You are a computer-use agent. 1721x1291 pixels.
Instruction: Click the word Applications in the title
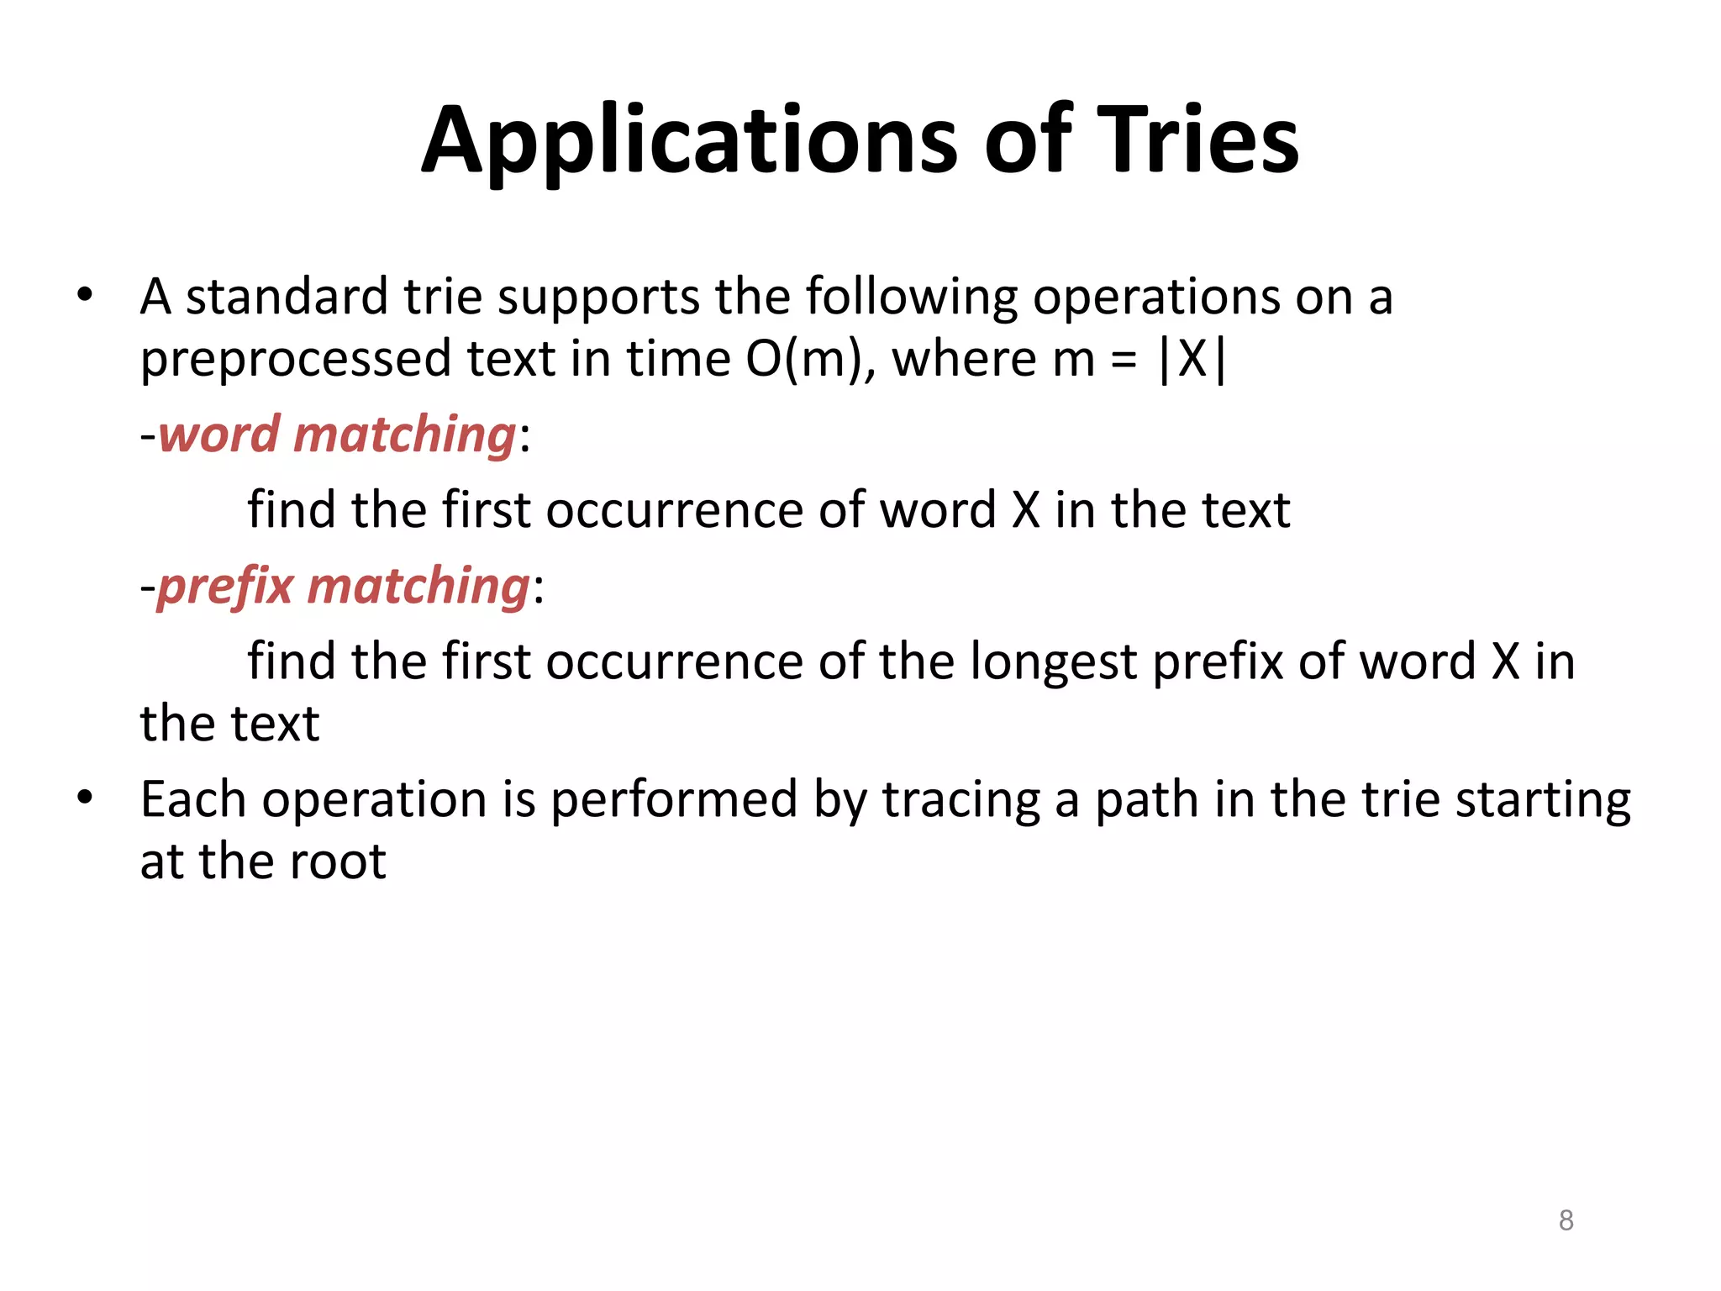coord(688,141)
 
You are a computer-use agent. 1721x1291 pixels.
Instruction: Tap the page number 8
coord(1566,1220)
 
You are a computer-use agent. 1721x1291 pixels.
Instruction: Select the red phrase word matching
coord(337,435)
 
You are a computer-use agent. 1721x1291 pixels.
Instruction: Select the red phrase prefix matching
coord(344,586)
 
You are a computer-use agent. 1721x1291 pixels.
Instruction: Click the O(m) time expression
coord(805,360)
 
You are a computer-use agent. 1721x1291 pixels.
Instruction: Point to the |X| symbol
coord(1192,360)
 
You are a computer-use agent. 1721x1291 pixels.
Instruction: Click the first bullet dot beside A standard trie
coord(84,296)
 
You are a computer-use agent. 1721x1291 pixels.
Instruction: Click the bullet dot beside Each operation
coord(84,798)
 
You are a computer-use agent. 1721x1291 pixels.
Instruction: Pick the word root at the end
coord(336,862)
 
